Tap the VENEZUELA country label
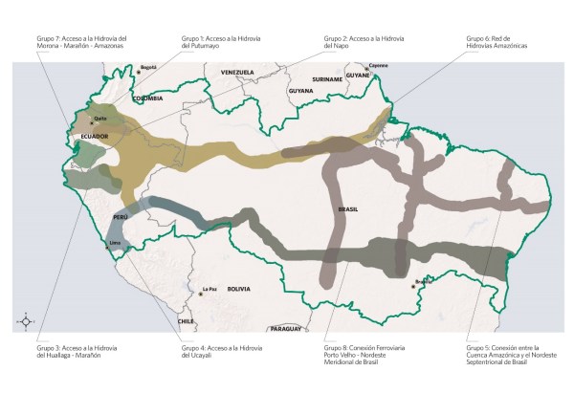pos(236,73)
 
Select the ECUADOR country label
pos(94,137)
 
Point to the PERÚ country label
pos(121,217)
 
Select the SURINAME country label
pos(325,79)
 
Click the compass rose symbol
pos(28,321)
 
